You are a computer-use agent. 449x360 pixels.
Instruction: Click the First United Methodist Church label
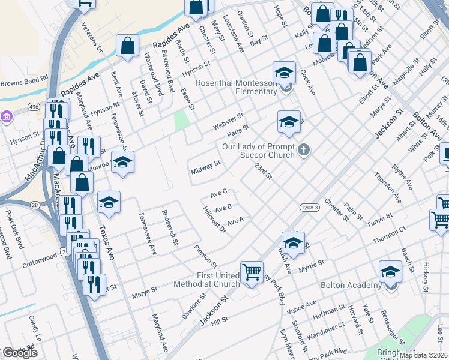pyautogui.click(x=206, y=280)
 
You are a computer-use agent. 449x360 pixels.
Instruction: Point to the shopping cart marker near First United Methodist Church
pyautogui.click(x=252, y=272)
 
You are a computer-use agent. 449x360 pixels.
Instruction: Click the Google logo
pyautogui.click(x=20, y=353)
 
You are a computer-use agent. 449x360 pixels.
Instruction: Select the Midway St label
pyautogui.click(x=206, y=167)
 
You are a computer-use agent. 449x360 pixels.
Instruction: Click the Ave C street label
pyautogui.click(x=218, y=193)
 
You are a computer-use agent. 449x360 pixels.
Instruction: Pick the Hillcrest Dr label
pyautogui.click(x=214, y=220)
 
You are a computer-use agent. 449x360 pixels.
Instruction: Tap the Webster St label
pyautogui.click(x=228, y=122)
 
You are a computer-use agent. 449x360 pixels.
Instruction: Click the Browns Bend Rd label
pyautogui.click(x=24, y=80)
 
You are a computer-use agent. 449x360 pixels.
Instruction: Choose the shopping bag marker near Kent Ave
pyautogui.click(x=128, y=46)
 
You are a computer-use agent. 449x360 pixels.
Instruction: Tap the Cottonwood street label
pyautogui.click(x=38, y=263)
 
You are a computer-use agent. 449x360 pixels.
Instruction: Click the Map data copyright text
pyautogui.click(x=423, y=355)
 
